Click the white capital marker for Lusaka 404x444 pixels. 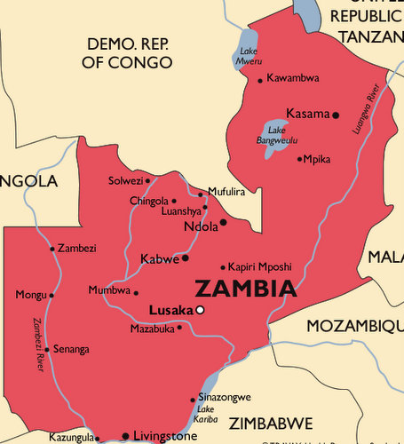(201, 310)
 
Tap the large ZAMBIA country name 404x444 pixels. (245, 289)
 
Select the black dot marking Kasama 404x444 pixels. (336, 115)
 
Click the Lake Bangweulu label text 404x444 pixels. (271, 135)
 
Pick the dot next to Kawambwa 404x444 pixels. (260, 80)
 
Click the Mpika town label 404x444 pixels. (318, 159)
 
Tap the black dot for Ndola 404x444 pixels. (224, 222)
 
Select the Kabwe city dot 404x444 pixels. (186, 258)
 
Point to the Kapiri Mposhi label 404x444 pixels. (259, 266)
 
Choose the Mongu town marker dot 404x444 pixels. (51, 295)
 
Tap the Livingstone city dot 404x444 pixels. (125, 436)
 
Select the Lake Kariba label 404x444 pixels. (207, 415)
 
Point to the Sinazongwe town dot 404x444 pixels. (194, 400)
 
